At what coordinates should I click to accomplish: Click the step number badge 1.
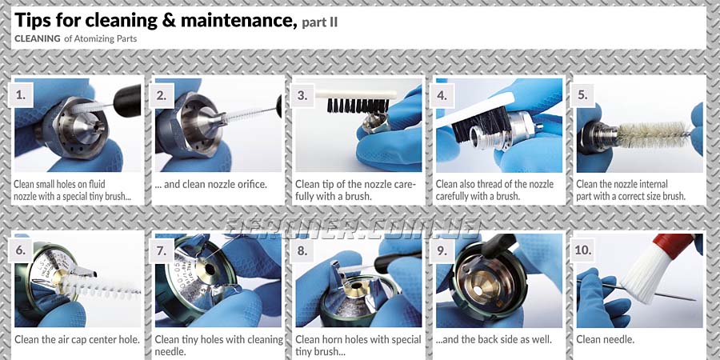point(21,95)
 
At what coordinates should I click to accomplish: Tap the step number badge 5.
point(582,95)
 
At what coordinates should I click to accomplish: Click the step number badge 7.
point(161,250)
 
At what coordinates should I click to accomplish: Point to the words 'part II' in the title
point(319,22)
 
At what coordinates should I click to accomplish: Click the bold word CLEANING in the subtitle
point(38,38)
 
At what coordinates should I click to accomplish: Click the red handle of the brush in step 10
point(672,246)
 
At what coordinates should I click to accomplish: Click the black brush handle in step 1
point(127,100)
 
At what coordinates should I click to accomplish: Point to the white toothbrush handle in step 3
point(355,94)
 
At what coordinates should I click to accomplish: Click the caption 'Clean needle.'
point(606,340)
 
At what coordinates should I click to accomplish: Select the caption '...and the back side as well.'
point(494,340)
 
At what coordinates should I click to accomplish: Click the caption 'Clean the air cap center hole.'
point(77,340)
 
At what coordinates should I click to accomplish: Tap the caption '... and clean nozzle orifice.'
point(210,185)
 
